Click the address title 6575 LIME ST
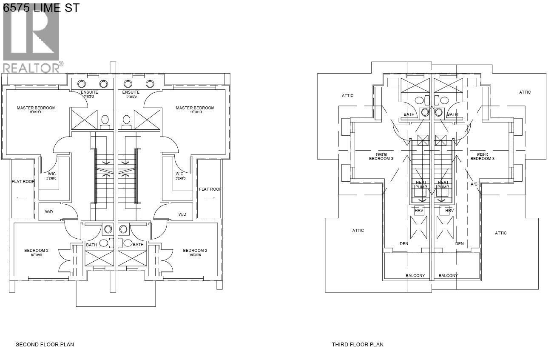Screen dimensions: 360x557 [x=41, y=7]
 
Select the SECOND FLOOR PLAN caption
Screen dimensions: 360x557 [x=42, y=344]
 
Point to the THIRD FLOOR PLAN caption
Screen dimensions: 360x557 [x=358, y=344]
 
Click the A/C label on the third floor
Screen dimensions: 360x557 [x=474, y=184]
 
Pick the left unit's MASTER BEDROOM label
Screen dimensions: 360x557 [x=36, y=108]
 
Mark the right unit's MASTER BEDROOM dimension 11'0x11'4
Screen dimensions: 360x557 [x=195, y=112]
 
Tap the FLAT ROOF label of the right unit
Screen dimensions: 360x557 [x=210, y=189]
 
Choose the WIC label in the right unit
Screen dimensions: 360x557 [x=179, y=174]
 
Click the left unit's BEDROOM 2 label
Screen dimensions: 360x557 [x=36, y=251]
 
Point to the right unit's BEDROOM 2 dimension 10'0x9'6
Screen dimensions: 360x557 [x=195, y=255]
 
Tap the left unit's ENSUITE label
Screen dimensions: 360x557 [x=89, y=92]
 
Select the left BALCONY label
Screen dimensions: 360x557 [x=415, y=275]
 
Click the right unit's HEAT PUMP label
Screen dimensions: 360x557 [x=443, y=185]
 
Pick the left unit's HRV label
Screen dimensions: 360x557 [x=419, y=211]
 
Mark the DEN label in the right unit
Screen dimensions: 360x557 [x=459, y=244]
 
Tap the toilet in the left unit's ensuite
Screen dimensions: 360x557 [x=105, y=120]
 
